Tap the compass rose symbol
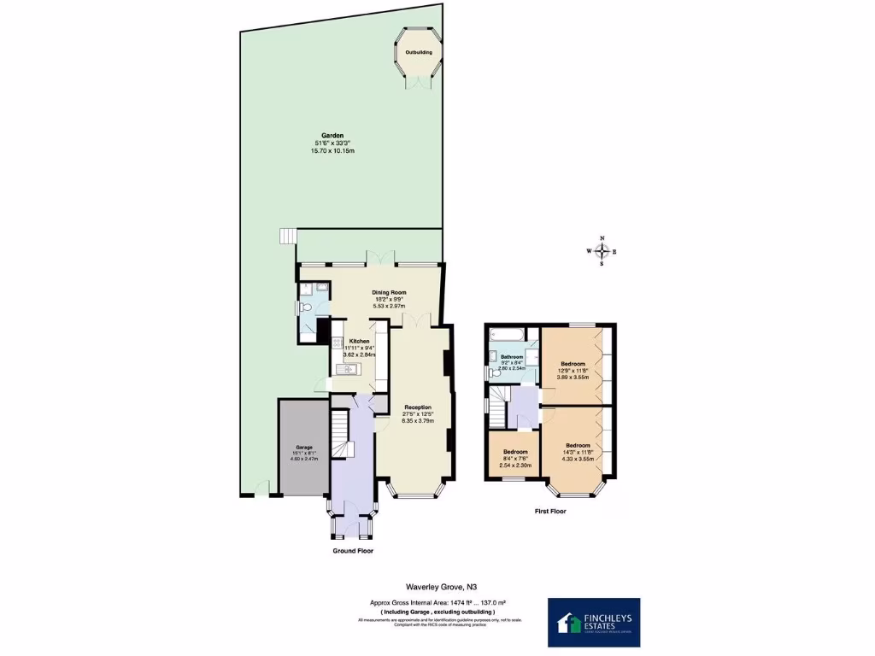point(602,251)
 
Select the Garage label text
point(304,447)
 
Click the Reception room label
point(418,407)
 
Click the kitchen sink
point(348,369)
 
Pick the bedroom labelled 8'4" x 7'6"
point(514,458)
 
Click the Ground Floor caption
point(352,551)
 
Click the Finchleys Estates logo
point(594,621)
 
